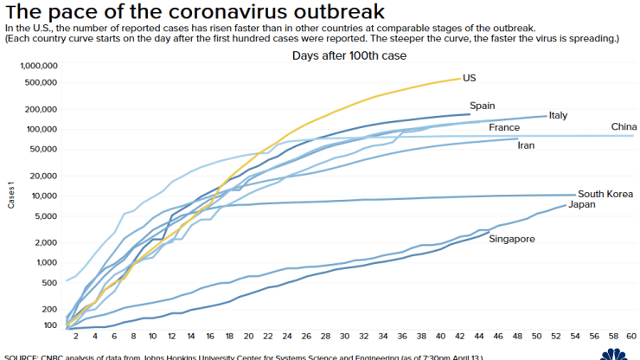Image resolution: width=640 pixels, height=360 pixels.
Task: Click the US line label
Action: (470, 78)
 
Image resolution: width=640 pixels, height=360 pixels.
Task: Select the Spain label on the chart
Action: (483, 106)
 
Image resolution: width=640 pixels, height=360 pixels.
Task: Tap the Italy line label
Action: (559, 115)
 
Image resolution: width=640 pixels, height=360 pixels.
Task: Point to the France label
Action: (504, 128)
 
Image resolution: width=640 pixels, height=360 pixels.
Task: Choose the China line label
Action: (624, 127)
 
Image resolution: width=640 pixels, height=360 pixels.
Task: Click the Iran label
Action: (526, 145)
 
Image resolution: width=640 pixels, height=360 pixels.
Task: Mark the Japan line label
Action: (581, 204)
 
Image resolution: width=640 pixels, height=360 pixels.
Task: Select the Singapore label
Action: (512, 238)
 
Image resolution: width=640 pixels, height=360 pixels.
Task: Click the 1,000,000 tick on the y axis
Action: (37, 66)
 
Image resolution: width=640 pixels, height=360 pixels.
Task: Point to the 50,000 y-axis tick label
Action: (43, 149)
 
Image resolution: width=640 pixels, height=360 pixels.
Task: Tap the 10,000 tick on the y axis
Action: (43, 196)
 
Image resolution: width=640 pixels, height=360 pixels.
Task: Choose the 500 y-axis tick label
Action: (50, 282)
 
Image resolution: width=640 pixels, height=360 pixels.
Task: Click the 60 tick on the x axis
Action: (630, 336)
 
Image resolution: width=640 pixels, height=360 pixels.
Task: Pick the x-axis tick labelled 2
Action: (77, 336)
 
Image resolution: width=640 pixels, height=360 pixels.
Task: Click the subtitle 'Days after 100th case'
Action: (349, 55)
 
